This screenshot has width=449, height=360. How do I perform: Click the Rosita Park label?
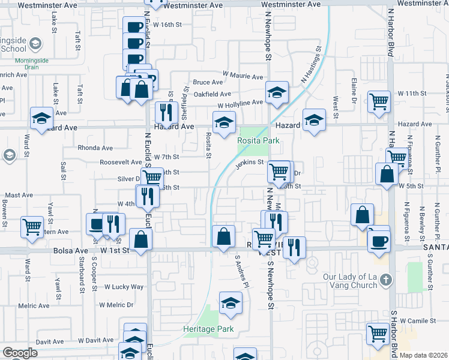[259, 141]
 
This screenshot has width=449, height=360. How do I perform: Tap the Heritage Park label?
[208, 329]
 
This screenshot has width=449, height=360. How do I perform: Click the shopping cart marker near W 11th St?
[379, 102]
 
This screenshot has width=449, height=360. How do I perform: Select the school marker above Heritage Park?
[231, 304]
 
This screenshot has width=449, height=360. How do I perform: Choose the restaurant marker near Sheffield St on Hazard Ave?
[165, 112]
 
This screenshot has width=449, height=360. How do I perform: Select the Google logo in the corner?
[20, 353]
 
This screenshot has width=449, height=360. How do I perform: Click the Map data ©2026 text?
[423, 355]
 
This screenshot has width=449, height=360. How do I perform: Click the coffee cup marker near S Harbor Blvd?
[378, 241]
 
